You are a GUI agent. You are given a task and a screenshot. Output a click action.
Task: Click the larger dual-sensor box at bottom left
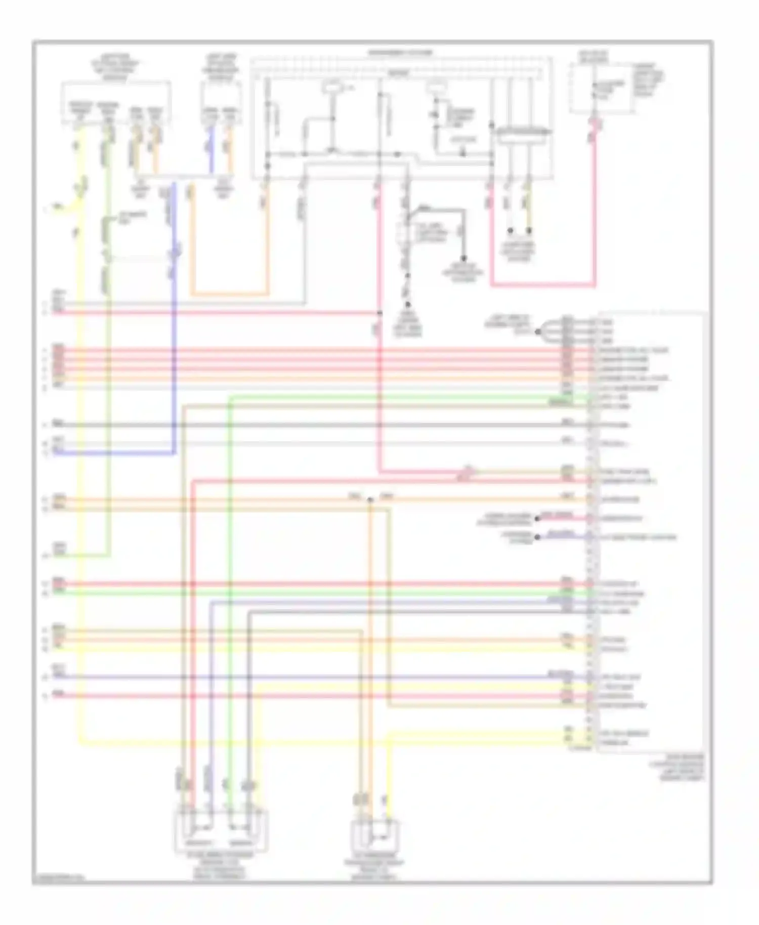point(221,831)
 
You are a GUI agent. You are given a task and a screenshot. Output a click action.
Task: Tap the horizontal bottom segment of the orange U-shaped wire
point(229,294)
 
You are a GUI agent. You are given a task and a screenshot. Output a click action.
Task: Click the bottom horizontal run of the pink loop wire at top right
point(542,285)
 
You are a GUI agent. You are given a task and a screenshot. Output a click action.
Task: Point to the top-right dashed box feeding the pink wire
point(601,88)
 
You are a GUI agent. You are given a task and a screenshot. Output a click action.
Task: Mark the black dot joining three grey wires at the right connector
point(538,332)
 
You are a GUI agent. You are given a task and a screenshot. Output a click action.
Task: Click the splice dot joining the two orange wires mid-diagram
point(370,499)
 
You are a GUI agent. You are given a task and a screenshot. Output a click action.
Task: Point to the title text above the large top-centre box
point(400,52)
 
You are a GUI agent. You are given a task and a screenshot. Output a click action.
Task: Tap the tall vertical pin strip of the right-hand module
point(590,531)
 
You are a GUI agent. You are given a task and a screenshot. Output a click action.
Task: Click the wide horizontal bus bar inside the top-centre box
point(523,132)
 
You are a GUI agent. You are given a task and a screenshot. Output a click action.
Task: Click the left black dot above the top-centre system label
point(511,231)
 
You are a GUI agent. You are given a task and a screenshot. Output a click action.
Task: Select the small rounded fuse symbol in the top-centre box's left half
point(332,87)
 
